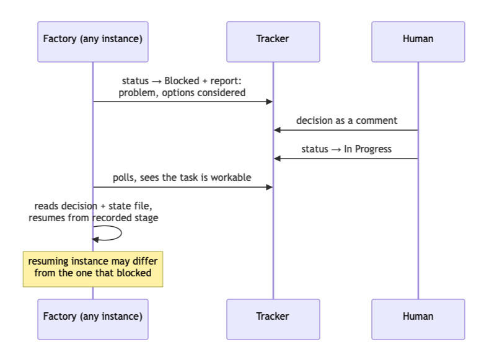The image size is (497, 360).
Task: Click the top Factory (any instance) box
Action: [x=93, y=42]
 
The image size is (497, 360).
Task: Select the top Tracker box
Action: [x=273, y=42]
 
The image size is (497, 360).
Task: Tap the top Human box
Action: [x=418, y=42]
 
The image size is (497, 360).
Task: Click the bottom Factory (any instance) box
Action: [x=93, y=320]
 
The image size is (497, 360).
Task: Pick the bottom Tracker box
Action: [x=273, y=320]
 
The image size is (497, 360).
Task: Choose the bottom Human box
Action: [x=418, y=320]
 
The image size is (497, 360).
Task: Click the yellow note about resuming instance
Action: [x=93, y=270]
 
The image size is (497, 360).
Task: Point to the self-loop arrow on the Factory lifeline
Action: [x=121, y=233]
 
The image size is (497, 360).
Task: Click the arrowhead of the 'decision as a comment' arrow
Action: [x=277, y=130]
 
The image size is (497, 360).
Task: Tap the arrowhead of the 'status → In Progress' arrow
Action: [x=277, y=159]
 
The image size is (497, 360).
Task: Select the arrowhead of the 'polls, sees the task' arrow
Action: [x=270, y=187]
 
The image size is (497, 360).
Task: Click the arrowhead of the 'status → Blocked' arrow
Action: [x=270, y=102]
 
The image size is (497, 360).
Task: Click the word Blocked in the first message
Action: [x=182, y=81]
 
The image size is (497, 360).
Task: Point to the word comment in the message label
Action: [x=377, y=121]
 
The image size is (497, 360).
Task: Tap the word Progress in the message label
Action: [x=374, y=149]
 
